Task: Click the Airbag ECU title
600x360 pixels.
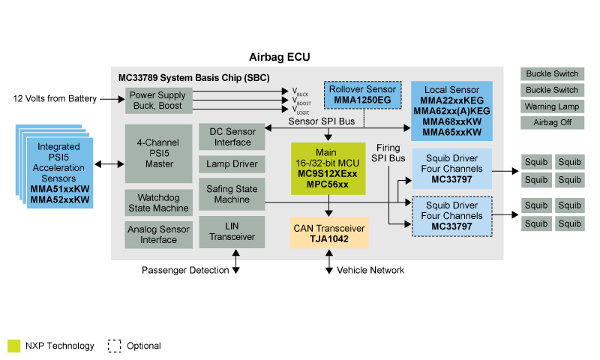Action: (279, 58)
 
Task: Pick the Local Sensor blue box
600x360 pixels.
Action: (451, 111)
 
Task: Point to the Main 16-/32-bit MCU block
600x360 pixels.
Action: (328, 173)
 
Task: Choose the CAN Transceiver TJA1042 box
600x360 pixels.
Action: (330, 232)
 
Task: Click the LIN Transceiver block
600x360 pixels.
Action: (232, 232)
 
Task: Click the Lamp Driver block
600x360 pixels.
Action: (232, 164)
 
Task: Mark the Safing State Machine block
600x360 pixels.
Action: (232, 194)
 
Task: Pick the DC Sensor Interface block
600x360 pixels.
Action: (232, 136)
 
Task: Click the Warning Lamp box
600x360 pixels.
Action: (552, 106)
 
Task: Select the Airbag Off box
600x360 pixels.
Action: (552, 122)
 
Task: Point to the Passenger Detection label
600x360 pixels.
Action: (183, 270)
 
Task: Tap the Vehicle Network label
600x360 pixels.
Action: (370, 270)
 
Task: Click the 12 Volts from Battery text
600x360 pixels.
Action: (55, 99)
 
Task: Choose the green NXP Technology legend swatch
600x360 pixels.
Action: (13, 346)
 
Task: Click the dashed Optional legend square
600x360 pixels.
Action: (114, 346)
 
